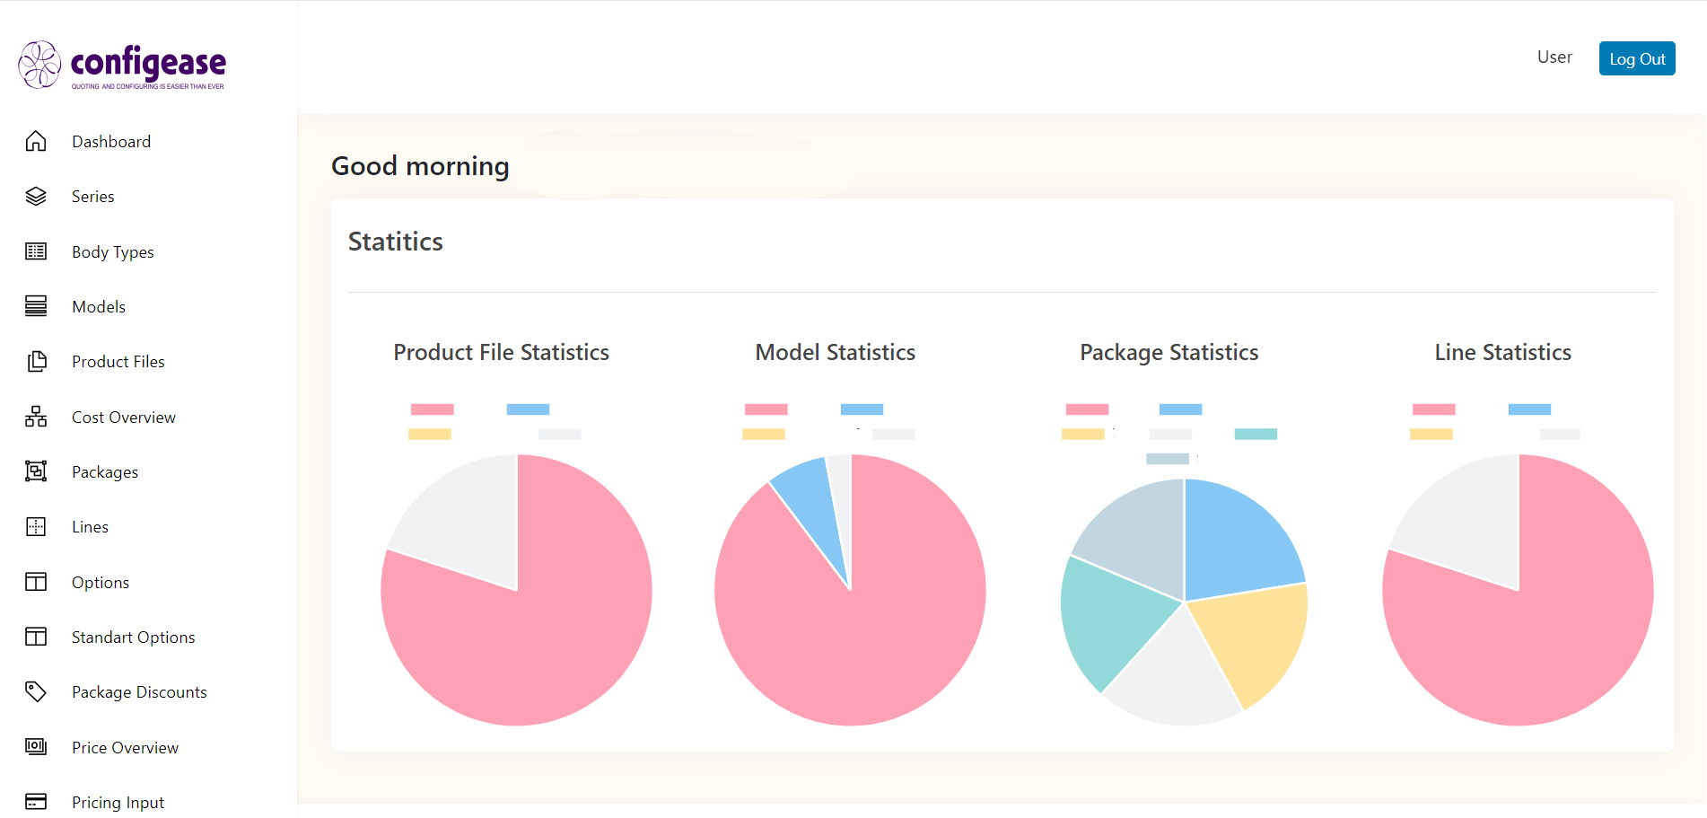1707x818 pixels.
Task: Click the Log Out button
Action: click(x=1636, y=58)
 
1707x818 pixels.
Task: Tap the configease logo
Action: click(x=122, y=66)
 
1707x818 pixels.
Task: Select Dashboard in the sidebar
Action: click(x=111, y=142)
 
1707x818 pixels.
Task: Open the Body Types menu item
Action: click(x=113, y=252)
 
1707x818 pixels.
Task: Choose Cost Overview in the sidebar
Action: click(x=124, y=418)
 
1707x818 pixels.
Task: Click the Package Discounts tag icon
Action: click(x=36, y=691)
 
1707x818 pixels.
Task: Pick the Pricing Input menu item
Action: click(x=118, y=803)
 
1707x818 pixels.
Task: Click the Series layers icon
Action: click(x=36, y=197)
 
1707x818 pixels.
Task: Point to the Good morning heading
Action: click(x=420, y=166)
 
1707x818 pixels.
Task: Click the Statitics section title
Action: click(x=396, y=242)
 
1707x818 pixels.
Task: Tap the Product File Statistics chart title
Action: click(x=501, y=352)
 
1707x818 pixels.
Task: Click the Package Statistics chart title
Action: click(x=1169, y=352)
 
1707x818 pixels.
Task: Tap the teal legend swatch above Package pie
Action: click(x=1256, y=435)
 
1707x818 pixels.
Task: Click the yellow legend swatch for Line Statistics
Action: click(x=1431, y=435)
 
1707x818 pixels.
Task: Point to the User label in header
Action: click(x=1554, y=57)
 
